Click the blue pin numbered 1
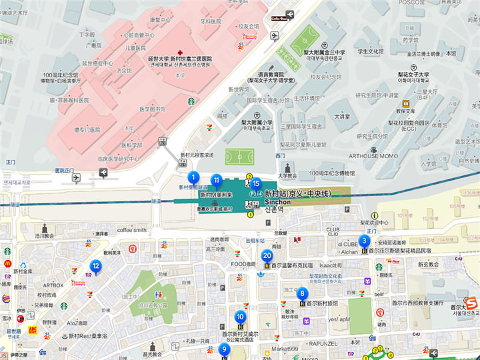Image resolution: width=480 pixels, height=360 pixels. [x=193, y=177]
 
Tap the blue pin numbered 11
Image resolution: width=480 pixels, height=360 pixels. [x=216, y=180]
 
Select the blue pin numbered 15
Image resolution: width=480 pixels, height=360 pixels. [x=255, y=183]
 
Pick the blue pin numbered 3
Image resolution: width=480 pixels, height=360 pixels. [x=364, y=241]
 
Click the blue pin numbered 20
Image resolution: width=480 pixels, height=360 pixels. [x=267, y=255]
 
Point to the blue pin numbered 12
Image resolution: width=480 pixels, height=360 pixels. [x=96, y=267]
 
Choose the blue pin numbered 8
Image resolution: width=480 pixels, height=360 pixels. [x=302, y=293]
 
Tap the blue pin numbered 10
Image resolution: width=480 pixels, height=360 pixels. [x=240, y=317]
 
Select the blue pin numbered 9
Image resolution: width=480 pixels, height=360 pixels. [x=223, y=349]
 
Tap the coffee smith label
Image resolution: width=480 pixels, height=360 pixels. [x=131, y=230]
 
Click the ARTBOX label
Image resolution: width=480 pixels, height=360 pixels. [x=53, y=285]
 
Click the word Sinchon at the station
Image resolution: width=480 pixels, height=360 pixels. [x=277, y=201]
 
